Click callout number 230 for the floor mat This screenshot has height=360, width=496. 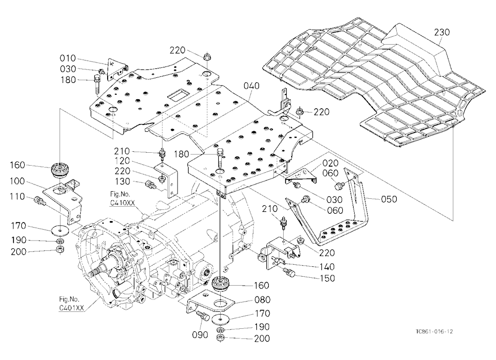pos(441,32)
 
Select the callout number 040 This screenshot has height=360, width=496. pos(252,86)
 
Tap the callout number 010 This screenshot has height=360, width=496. pos(68,58)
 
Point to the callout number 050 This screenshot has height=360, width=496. pos(389,199)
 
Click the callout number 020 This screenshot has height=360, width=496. pos(330,163)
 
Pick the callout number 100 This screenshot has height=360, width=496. pos(17,181)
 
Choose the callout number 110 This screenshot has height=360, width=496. pos(17,196)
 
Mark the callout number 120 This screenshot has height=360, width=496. pos(122,161)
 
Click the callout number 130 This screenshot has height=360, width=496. pos(122,181)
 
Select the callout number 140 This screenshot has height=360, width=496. pos(327,267)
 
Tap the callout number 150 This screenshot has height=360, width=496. pos(327,278)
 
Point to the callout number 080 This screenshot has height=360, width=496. pos(262,300)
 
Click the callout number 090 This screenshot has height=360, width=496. pos(200,334)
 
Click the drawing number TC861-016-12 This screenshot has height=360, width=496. pos(434,332)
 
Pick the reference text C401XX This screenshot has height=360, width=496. pos(71,307)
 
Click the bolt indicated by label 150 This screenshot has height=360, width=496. pos(289,272)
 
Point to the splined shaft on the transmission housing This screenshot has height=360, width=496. pos(99,269)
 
